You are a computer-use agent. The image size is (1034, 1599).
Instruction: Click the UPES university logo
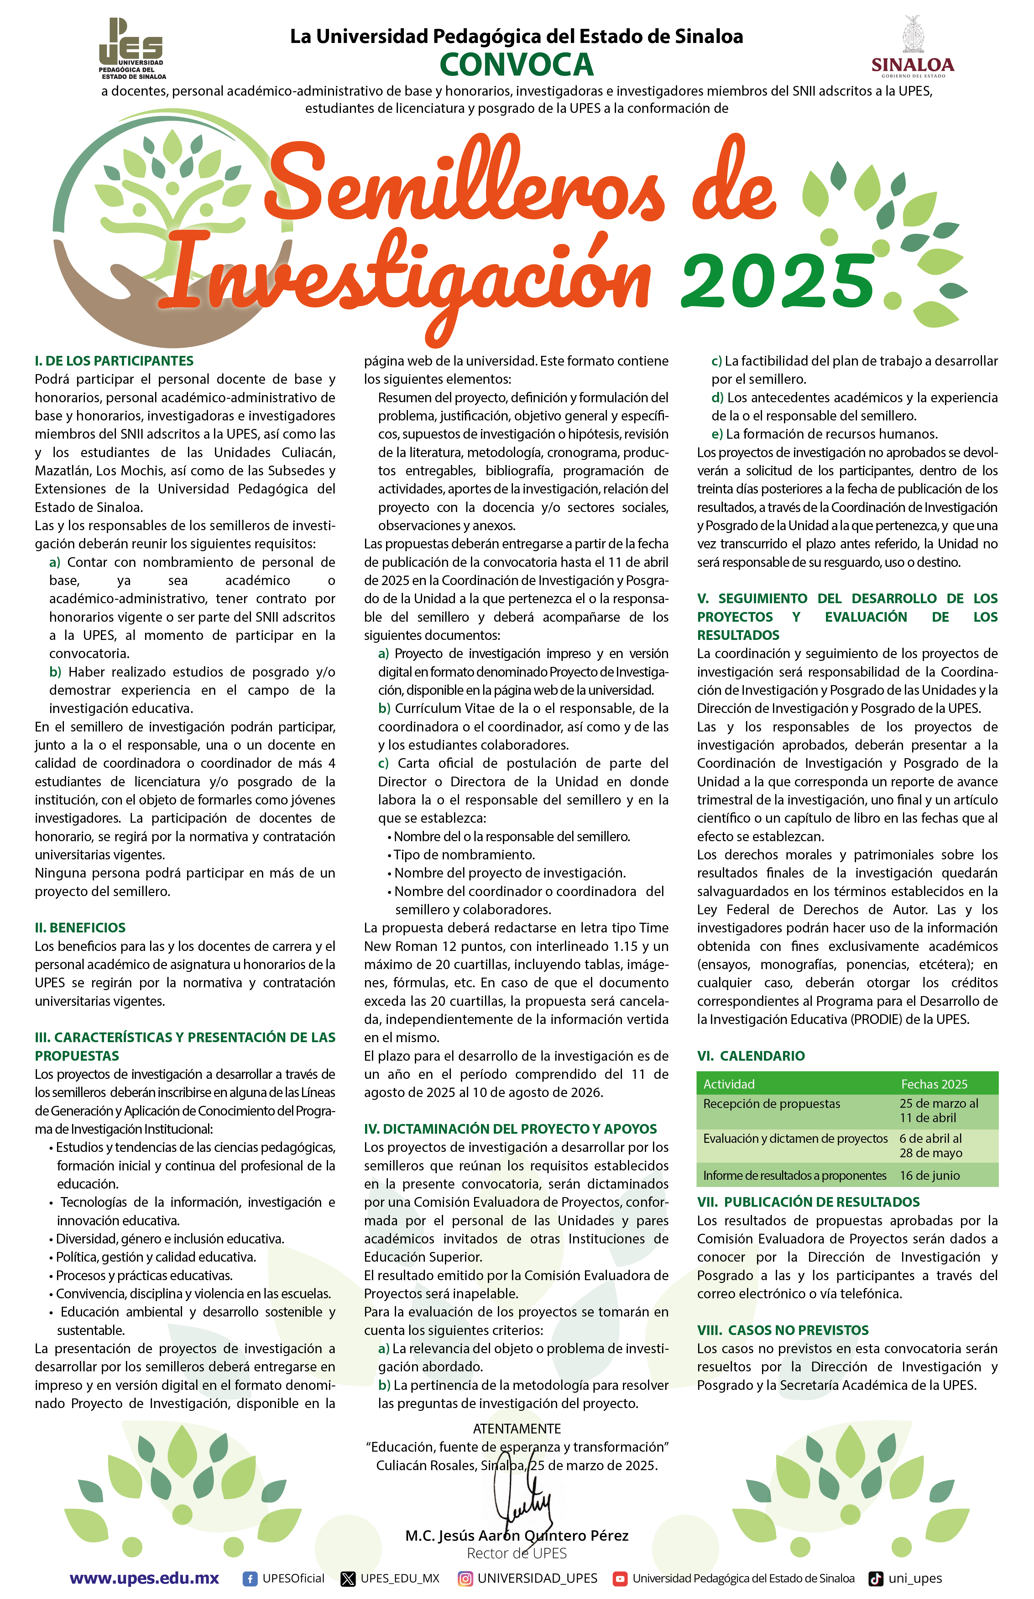132,48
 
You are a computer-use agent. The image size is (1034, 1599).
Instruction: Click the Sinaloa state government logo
912,47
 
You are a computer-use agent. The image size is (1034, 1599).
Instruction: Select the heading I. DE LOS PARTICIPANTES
114,361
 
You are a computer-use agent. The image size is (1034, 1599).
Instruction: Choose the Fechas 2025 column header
934,1084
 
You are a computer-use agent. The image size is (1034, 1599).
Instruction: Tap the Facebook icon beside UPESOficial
250,1579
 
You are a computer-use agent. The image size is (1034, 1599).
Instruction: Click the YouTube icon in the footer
620,1579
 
